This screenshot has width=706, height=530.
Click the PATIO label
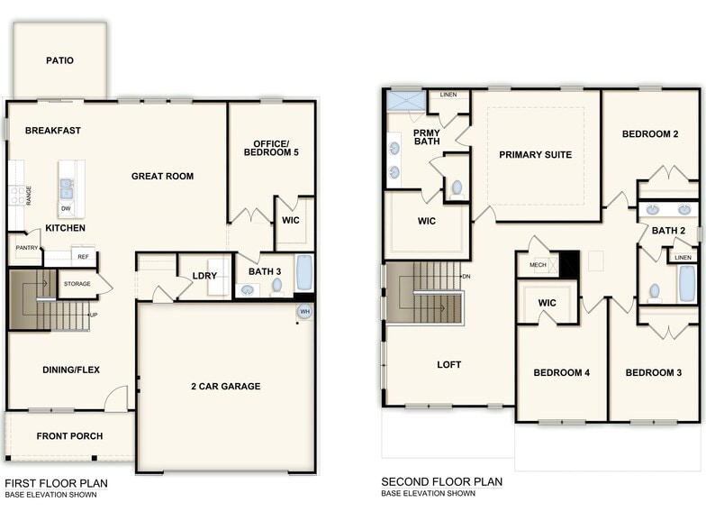coord(59,61)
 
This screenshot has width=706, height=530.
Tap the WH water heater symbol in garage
coord(304,313)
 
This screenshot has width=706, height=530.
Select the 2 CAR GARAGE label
coord(225,387)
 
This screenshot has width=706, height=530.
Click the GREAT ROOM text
coord(162,177)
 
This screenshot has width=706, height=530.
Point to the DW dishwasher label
coord(66,209)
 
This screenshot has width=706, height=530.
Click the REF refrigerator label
coord(83,258)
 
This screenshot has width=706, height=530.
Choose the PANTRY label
coord(26,247)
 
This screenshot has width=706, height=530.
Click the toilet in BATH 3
coord(276,287)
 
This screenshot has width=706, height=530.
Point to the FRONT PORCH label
coord(69,436)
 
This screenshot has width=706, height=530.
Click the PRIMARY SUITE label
coord(535,155)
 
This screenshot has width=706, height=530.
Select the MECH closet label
coord(538,265)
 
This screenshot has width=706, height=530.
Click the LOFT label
coord(448,365)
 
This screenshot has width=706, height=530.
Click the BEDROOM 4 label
coord(561,373)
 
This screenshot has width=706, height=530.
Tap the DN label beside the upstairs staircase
coord(466,277)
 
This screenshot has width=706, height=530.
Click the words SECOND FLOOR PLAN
coord(441,482)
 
